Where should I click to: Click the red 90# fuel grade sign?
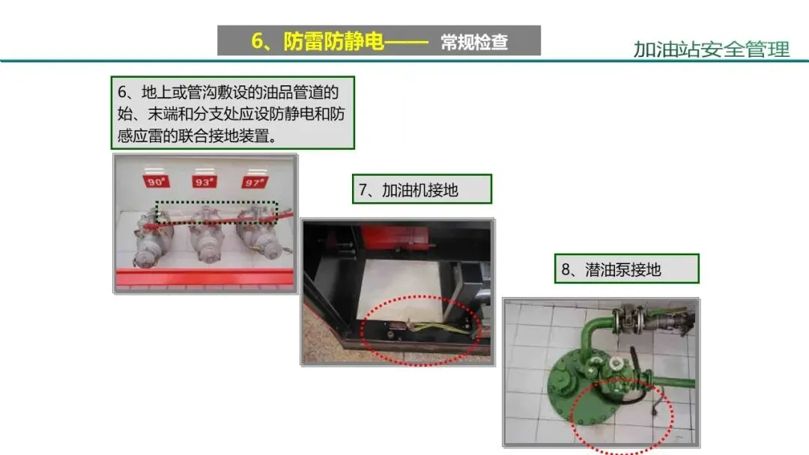coord(156,181)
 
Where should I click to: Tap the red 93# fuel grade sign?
coord(204,182)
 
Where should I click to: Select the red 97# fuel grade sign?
coord(255,183)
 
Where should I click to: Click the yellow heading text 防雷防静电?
coord(333,41)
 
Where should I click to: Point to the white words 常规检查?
coord(474,42)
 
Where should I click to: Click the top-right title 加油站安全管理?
coord(711,49)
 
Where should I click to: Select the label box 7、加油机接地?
coord(422,189)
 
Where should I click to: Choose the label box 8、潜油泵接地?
coord(626,269)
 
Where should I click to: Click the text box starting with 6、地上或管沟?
coord(233,113)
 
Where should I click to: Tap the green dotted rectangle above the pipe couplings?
coord(216,202)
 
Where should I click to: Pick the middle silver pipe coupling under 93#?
coord(207,237)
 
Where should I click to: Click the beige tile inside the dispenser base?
coord(402,289)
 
